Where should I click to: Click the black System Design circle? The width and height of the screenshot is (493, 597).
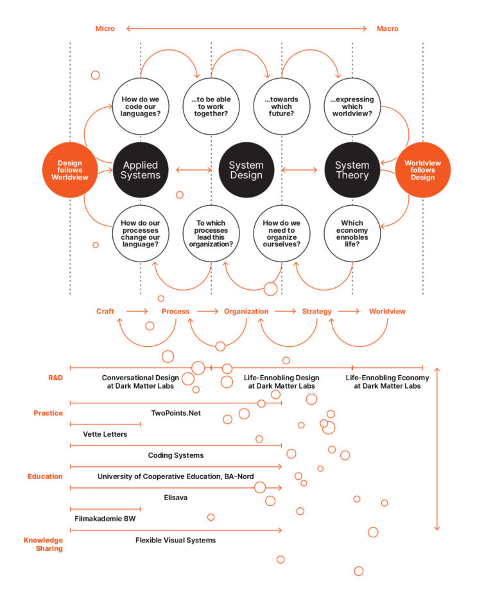point(246,170)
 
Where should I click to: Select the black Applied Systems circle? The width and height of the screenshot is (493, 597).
point(141,170)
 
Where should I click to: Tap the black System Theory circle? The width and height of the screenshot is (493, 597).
point(352,170)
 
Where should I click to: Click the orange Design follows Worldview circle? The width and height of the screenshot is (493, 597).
point(70,170)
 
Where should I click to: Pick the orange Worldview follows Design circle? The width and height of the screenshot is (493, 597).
point(423,170)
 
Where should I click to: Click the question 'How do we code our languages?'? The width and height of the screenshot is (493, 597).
point(141,106)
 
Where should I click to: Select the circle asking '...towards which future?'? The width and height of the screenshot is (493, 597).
point(281,106)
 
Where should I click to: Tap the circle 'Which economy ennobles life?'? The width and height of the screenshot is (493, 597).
point(352,233)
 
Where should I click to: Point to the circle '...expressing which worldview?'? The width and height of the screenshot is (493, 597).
point(352,106)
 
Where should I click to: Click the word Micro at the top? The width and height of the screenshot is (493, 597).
point(105,28)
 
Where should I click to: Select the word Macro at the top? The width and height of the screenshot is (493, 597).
point(388,28)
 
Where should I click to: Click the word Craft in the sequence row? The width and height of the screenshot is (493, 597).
point(105,311)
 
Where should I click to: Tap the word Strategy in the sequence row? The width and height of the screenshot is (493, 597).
point(317,311)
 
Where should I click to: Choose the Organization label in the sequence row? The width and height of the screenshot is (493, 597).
point(246,311)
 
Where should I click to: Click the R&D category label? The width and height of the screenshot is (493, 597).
point(55,378)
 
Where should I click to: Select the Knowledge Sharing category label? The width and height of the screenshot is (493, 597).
point(43,544)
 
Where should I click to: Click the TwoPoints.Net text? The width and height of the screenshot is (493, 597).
point(176,413)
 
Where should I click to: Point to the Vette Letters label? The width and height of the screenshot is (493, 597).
point(105,434)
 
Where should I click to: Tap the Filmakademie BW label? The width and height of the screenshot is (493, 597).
point(105,518)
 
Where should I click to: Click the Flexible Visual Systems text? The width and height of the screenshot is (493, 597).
point(175,540)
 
